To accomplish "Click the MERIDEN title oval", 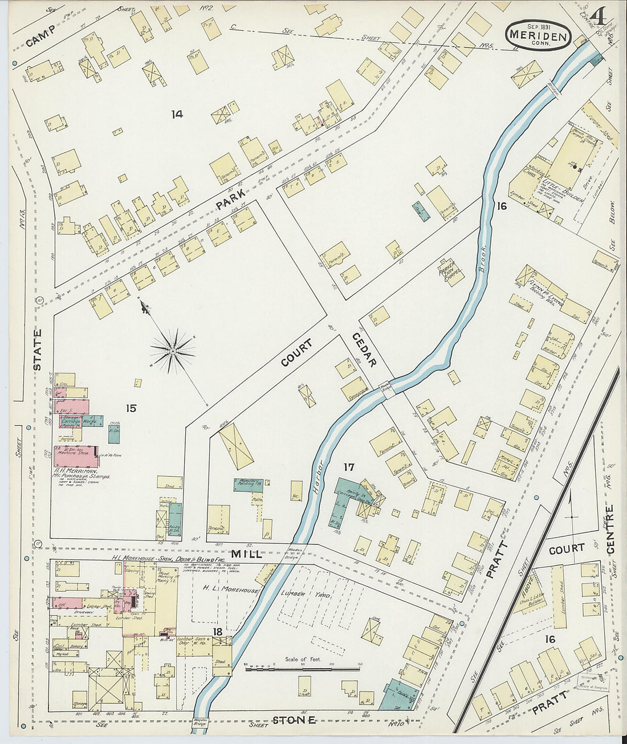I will [x=538, y=35].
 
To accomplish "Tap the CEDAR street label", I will [x=363, y=349].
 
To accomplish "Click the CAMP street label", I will [x=40, y=36].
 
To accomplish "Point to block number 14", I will [x=177, y=115].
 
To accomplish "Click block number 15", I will [x=131, y=408].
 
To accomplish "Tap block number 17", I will [x=349, y=467].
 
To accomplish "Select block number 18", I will [x=217, y=631].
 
